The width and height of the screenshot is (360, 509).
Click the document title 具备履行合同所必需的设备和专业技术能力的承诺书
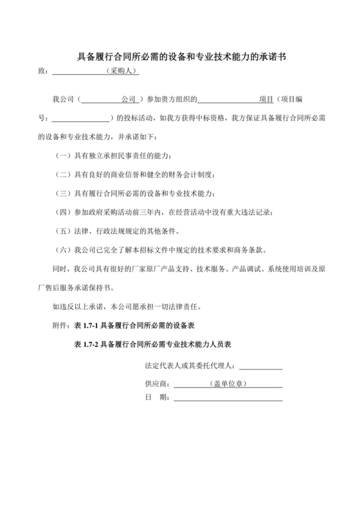181,57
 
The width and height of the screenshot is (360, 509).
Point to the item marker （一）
64,156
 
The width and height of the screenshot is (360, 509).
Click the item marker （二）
64,175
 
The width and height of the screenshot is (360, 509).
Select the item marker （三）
64,193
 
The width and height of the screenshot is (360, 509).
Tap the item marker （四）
64,212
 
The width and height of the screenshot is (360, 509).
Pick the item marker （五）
64,231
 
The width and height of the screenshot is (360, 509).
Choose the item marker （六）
64,249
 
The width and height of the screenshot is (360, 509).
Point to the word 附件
60,327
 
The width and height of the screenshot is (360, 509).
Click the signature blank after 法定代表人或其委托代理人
260,368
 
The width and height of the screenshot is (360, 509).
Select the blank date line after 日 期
228,398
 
